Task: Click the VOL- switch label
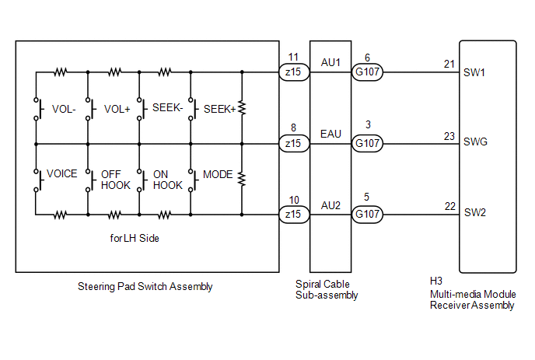[64, 109]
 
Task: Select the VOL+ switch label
[117, 109]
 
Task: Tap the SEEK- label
[167, 108]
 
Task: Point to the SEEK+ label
[220, 109]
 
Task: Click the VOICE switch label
[61, 173]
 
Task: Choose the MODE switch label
[218, 174]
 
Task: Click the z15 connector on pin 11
[294, 72]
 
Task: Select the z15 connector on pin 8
[294, 143]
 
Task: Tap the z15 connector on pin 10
[294, 215]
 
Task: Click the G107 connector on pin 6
[367, 72]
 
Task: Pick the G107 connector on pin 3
[367, 143]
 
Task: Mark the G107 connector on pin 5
[367, 215]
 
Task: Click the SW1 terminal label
[474, 72]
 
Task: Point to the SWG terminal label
[475, 142]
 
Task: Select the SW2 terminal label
[474, 212]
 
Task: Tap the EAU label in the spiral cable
[330, 134]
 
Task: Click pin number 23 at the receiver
[449, 136]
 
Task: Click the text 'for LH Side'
[135, 238]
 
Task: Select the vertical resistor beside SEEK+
[242, 108]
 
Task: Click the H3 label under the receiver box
[436, 281]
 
